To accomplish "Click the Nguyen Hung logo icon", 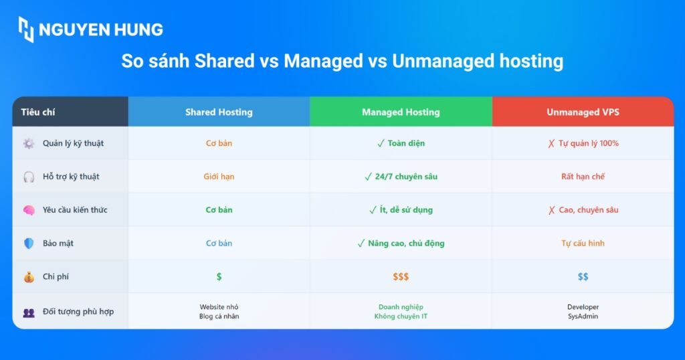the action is pyautogui.click(x=26, y=29).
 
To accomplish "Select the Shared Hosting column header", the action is pyautogui.click(x=219, y=112).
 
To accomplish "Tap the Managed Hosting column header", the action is pyautogui.click(x=401, y=112).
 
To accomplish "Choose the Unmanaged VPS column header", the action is pyautogui.click(x=583, y=112).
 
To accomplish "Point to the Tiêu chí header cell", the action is pyautogui.click(x=70, y=112).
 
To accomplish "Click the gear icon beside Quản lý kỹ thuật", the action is pyautogui.click(x=29, y=143).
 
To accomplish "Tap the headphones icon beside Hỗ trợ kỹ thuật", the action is pyautogui.click(x=29, y=177).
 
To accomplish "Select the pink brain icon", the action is pyautogui.click(x=29, y=210).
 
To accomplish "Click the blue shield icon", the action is pyautogui.click(x=29, y=244).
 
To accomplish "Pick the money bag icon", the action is pyautogui.click(x=29, y=277).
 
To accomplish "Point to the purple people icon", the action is pyautogui.click(x=29, y=312).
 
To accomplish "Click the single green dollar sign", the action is pyautogui.click(x=219, y=276).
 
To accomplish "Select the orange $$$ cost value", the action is pyautogui.click(x=401, y=276).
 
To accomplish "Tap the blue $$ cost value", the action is pyautogui.click(x=583, y=276).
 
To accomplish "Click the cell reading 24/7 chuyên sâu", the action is pyautogui.click(x=401, y=177).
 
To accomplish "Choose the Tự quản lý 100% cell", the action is pyautogui.click(x=583, y=143).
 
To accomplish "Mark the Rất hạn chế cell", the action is pyautogui.click(x=583, y=177).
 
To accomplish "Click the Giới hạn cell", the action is pyautogui.click(x=219, y=177).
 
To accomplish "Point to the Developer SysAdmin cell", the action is pyautogui.click(x=583, y=312).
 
